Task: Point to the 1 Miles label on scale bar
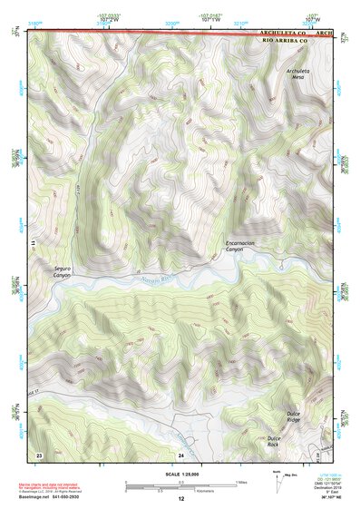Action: (x=241, y=482)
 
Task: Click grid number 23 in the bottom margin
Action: (x=39, y=454)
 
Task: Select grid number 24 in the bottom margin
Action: (x=181, y=454)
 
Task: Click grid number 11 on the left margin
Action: (x=33, y=244)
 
